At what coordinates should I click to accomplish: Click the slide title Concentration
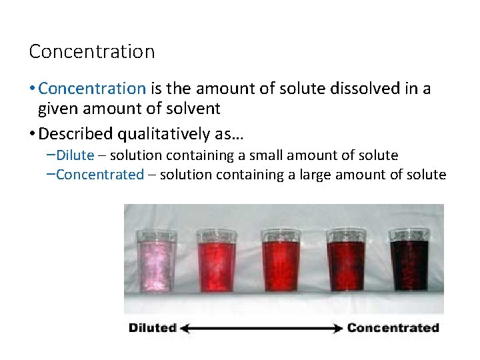click(92, 51)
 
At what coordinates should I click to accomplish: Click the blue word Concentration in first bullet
click(92, 88)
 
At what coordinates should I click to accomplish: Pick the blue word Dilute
click(75, 155)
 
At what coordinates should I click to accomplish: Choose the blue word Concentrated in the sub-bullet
click(100, 175)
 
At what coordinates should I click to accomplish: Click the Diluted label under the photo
click(153, 327)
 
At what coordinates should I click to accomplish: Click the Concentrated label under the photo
click(393, 327)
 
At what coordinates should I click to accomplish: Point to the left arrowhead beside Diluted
click(185, 327)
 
